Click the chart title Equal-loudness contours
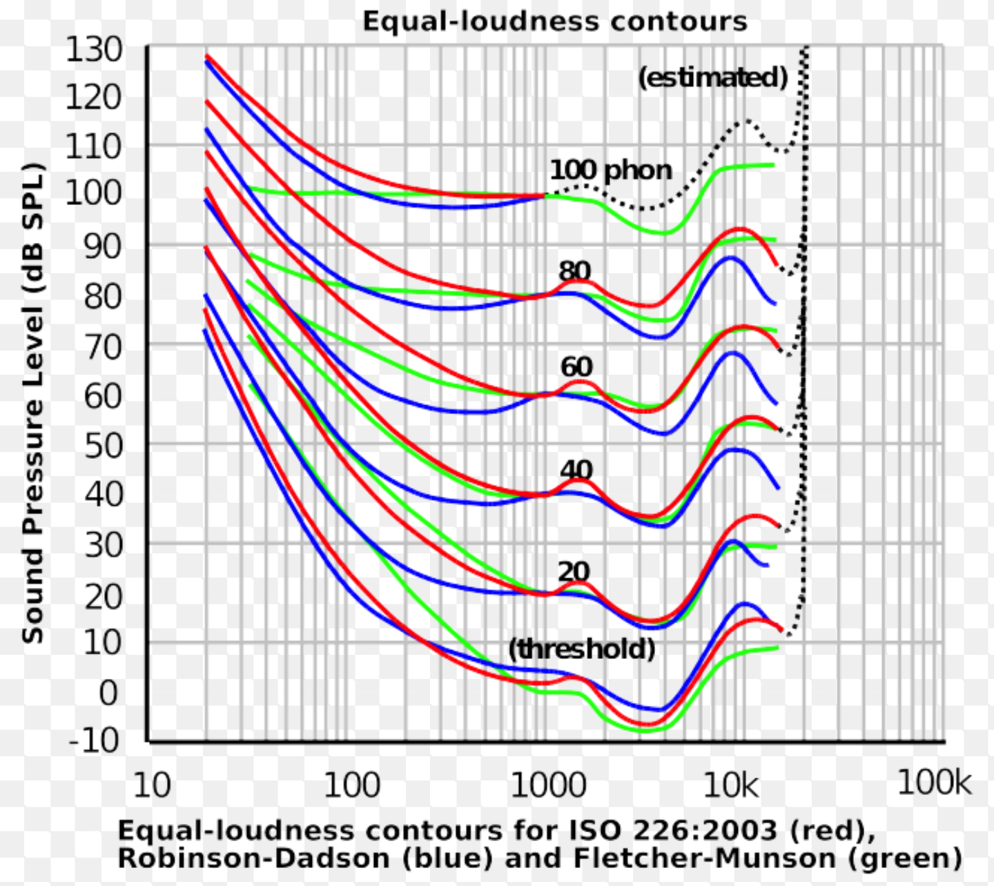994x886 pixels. pyautogui.click(x=554, y=21)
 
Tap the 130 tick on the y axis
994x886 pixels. pyautogui.click(x=94, y=50)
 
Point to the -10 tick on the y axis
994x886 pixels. pyautogui.click(x=95, y=740)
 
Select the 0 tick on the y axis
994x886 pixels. pyautogui.click(x=108, y=693)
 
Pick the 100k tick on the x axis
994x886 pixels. pyautogui.click(x=934, y=783)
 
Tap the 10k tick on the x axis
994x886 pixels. pyautogui.click(x=731, y=785)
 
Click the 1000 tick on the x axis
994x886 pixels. pyautogui.click(x=548, y=785)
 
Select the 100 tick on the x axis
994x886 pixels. pyautogui.click(x=351, y=785)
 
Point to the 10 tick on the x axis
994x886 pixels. pyautogui.click(x=151, y=785)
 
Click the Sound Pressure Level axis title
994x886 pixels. pyautogui.click(x=33, y=403)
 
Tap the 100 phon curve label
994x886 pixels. pyautogui.click(x=610, y=170)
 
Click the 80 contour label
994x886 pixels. pyautogui.click(x=575, y=270)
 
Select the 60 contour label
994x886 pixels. pyautogui.click(x=576, y=366)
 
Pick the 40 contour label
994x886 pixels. pyautogui.click(x=576, y=470)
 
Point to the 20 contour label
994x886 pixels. pyautogui.click(x=574, y=571)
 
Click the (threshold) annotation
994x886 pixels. pyautogui.click(x=581, y=649)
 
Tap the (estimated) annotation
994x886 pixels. pyautogui.click(x=712, y=77)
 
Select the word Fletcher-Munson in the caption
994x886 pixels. pyautogui.click(x=705, y=858)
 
